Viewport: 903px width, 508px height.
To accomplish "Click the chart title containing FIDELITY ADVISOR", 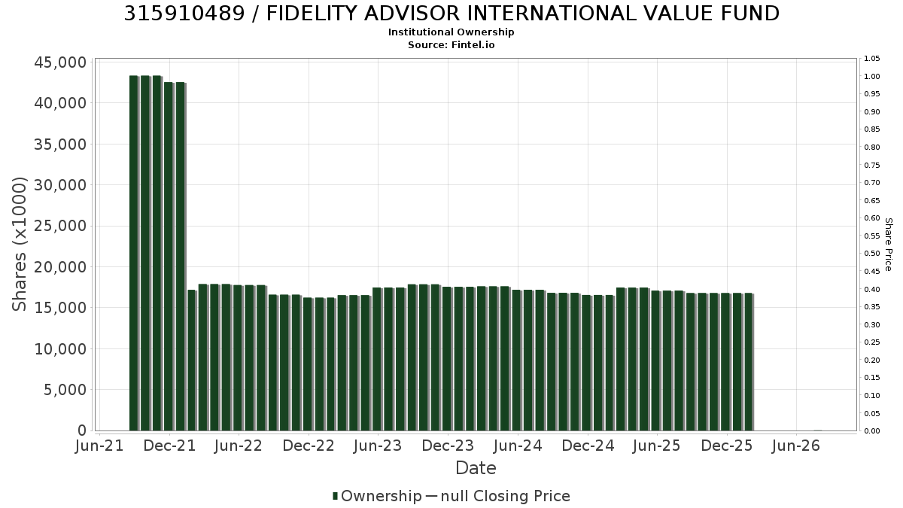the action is pyautogui.click(x=451, y=14).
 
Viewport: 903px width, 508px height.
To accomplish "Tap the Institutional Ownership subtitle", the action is pyautogui.click(x=451, y=32).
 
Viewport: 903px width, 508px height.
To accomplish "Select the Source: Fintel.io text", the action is pyautogui.click(x=451, y=44).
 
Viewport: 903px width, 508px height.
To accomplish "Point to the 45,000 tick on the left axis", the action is pyautogui.click(x=60, y=62).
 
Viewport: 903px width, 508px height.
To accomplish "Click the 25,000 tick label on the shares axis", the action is pyautogui.click(x=60, y=226).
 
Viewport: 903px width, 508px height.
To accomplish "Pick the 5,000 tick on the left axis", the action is pyautogui.click(x=65, y=390).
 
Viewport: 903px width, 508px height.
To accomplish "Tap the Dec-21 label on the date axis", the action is pyautogui.click(x=169, y=446).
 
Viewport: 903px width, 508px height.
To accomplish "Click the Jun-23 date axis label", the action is pyautogui.click(x=378, y=446).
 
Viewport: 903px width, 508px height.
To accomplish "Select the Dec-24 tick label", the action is pyautogui.click(x=588, y=446).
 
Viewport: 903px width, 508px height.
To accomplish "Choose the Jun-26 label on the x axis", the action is pyautogui.click(x=796, y=446).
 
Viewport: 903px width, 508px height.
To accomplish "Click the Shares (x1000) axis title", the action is pyautogui.click(x=19, y=244).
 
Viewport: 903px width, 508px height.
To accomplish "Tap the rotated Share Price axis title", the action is pyautogui.click(x=888, y=245).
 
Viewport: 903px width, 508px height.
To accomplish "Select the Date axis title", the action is pyautogui.click(x=476, y=468).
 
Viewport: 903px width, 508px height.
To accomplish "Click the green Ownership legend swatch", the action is pyautogui.click(x=335, y=496).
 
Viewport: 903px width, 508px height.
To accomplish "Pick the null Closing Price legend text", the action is pyautogui.click(x=506, y=496).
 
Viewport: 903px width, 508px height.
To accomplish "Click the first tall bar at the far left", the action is pyautogui.click(x=134, y=253).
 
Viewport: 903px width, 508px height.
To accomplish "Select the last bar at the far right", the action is pyautogui.click(x=749, y=362).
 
